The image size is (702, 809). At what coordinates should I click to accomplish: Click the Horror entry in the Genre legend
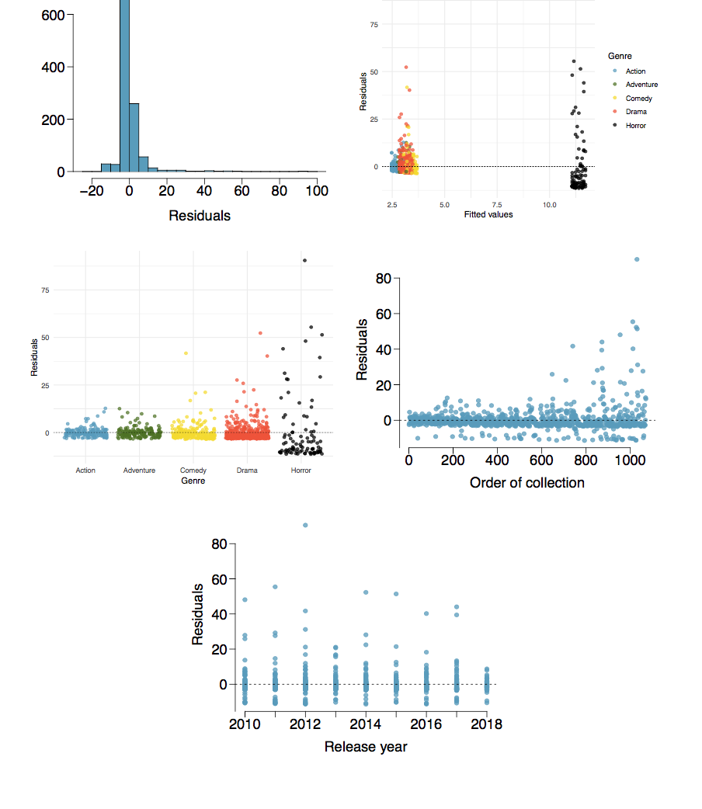click(x=635, y=125)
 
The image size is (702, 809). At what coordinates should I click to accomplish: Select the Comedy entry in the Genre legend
click(x=638, y=98)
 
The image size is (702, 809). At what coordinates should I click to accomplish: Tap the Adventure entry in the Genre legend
click(x=641, y=85)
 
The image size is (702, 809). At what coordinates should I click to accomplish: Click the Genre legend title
click(x=620, y=56)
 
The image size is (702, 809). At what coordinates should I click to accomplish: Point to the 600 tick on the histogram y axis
click(x=54, y=14)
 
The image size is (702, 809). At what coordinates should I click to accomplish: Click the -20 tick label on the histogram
click(x=92, y=191)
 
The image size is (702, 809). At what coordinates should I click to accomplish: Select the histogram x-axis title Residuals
click(x=200, y=216)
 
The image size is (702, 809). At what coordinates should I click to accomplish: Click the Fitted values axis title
click(x=488, y=214)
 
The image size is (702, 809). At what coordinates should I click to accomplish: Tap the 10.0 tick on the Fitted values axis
click(x=550, y=204)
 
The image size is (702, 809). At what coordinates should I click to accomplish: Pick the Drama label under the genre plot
click(x=247, y=470)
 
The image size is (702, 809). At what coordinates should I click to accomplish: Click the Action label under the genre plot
click(x=85, y=470)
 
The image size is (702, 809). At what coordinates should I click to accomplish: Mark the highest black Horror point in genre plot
click(x=304, y=261)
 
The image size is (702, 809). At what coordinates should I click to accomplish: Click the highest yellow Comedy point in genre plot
click(x=186, y=353)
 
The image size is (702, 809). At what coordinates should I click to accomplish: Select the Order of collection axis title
click(x=526, y=483)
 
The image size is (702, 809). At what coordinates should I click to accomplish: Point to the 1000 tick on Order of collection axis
click(x=628, y=460)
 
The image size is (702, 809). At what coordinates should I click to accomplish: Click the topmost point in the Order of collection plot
click(x=637, y=259)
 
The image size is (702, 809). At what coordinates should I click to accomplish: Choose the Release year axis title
click(x=365, y=747)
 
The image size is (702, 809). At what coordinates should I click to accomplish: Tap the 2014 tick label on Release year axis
click(x=366, y=724)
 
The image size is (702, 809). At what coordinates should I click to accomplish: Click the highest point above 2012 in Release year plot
click(x=305, y=525)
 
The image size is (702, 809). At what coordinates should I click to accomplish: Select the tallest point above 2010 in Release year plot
click(x=245, y=599)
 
